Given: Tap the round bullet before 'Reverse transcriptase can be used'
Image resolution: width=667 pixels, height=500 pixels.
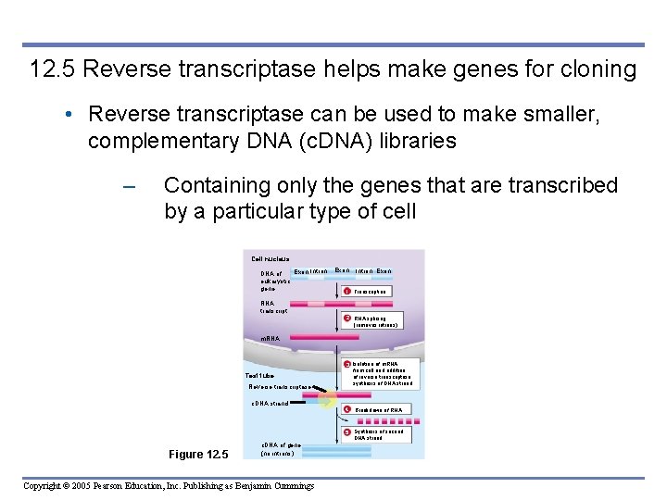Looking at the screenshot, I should [x=70, y=115].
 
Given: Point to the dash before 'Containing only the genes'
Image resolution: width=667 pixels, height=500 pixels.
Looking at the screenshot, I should [x=129, y=186].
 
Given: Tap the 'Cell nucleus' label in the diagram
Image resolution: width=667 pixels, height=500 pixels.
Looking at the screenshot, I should [x=271, y=258].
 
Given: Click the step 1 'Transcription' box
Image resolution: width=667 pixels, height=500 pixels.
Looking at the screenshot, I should [x=367, y=291].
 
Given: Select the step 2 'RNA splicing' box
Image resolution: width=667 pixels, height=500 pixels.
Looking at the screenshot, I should [x=372, y=322].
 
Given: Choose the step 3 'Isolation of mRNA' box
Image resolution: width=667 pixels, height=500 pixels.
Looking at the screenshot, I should [x=380, y=373].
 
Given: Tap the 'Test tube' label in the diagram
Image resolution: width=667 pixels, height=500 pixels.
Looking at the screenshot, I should [x=259, y=376].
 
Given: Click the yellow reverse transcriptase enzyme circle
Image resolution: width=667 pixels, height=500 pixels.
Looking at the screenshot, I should [x=327, y=400].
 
